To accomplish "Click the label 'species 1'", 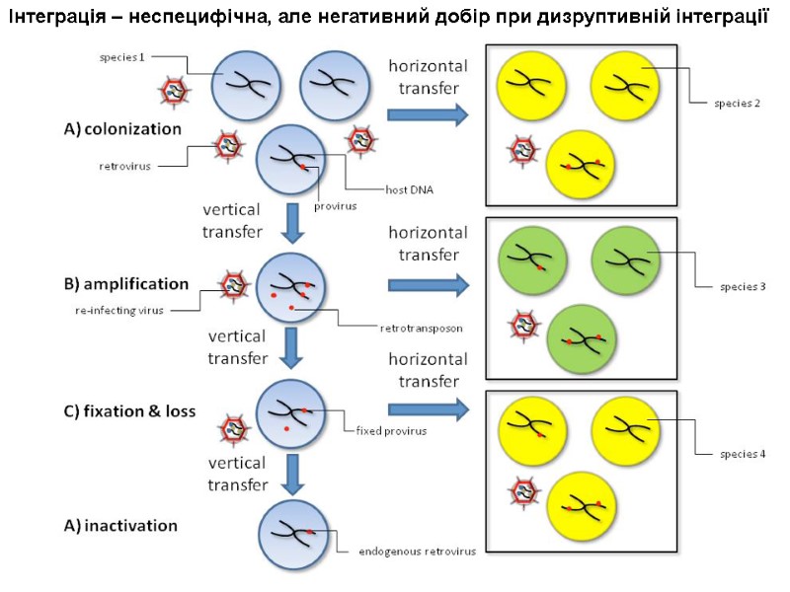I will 121,57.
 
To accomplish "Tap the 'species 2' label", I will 737,104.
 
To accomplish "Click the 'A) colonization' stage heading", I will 122,128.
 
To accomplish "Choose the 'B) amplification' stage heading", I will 125,284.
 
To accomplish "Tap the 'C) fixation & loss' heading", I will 129,411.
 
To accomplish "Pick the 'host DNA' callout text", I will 406,189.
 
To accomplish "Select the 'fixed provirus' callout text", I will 391,430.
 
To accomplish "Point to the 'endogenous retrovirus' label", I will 415,551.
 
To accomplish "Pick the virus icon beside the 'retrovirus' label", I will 230,149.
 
